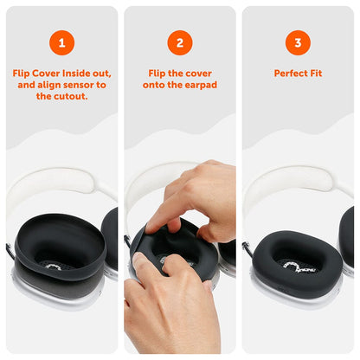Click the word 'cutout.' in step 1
pos(76,97)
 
